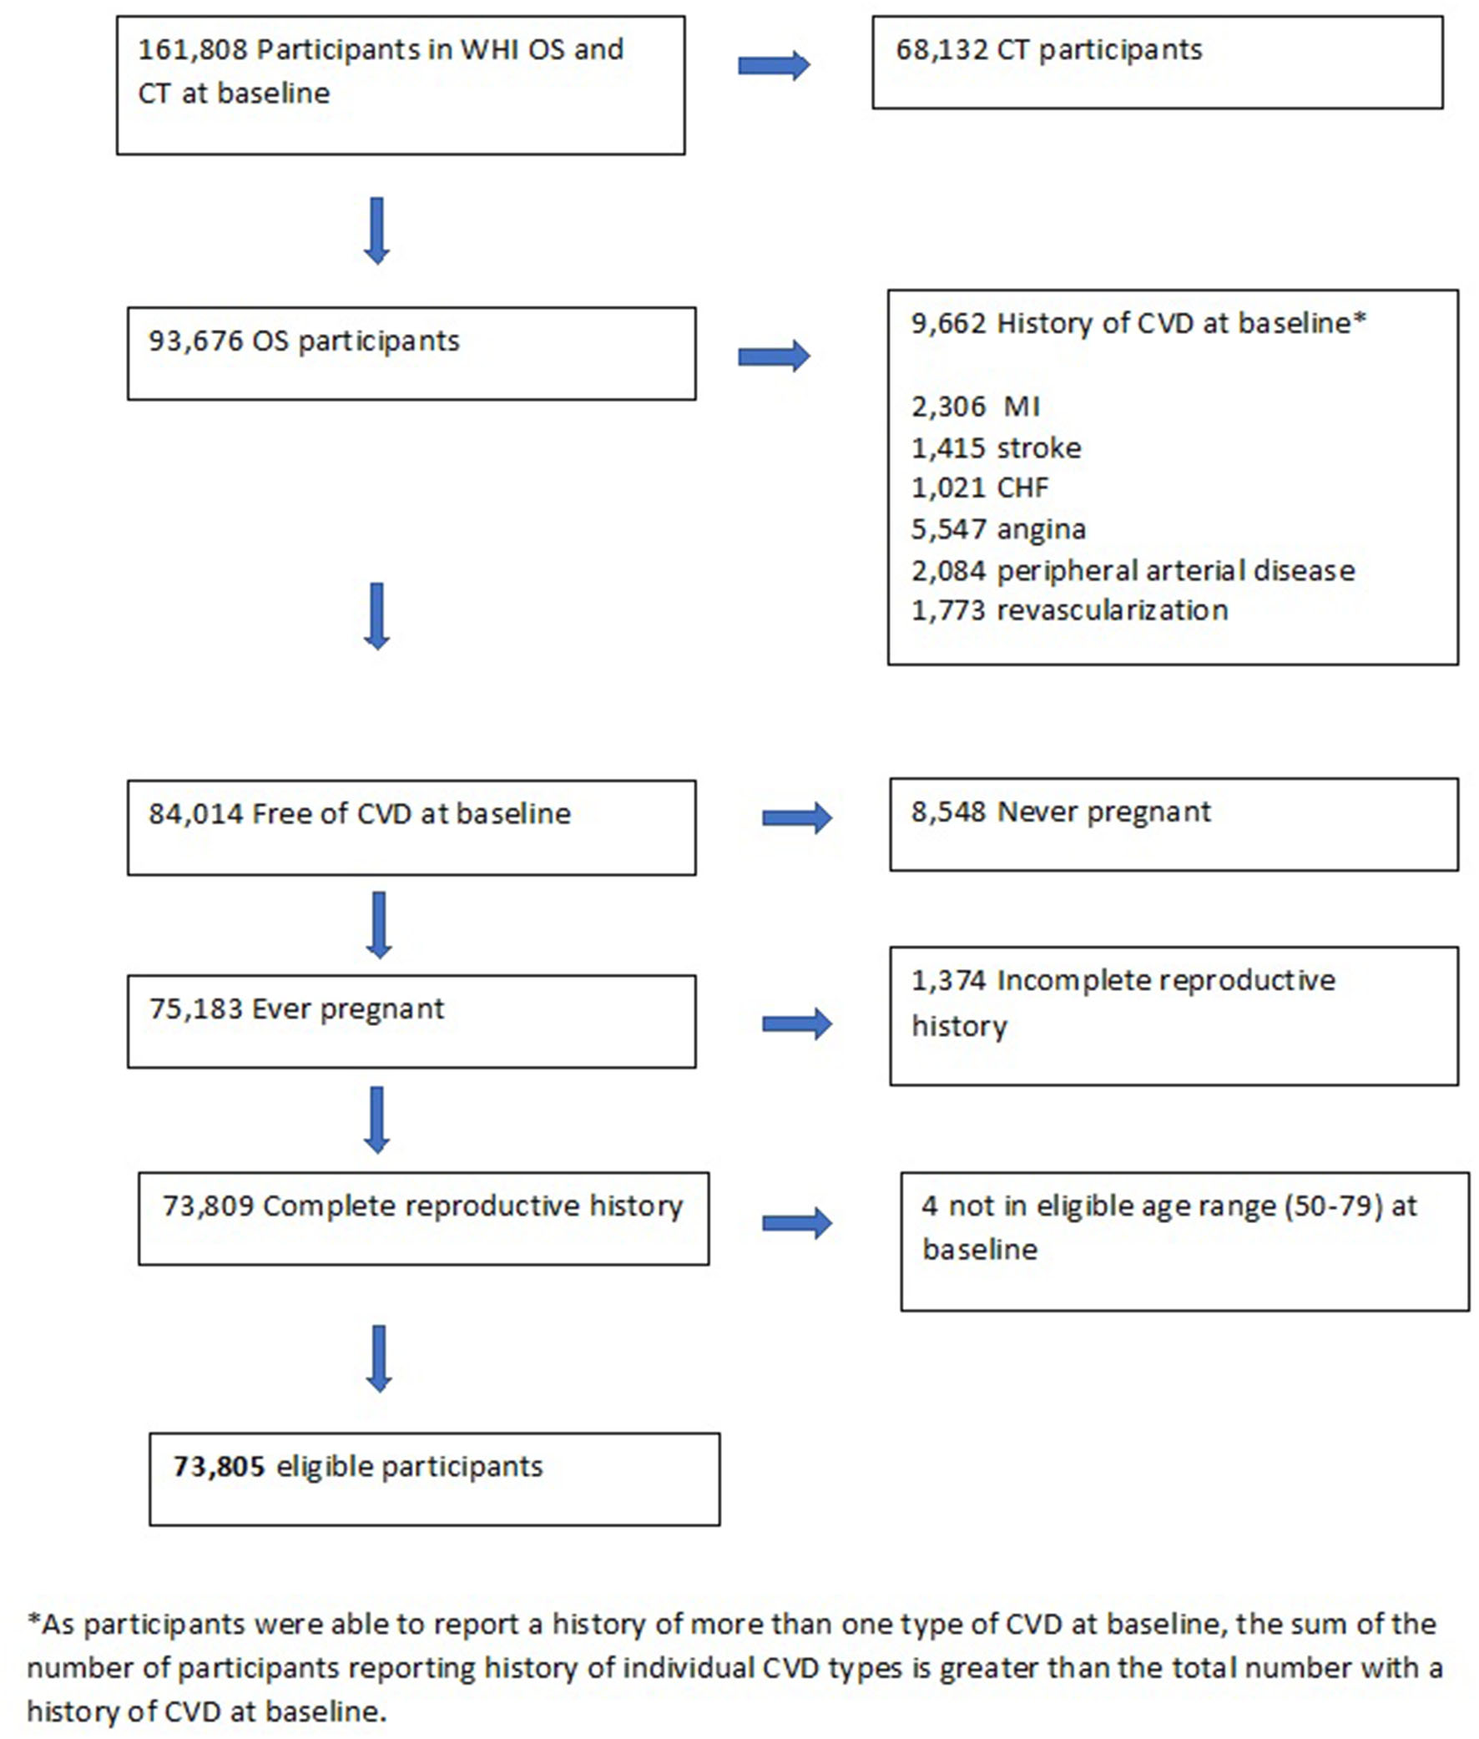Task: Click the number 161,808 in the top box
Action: point(192,50)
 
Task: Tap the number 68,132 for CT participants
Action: point(941,50)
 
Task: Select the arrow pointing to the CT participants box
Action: point(773,65)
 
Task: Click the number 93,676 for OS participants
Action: point(194,341)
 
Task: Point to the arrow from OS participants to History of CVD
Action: point(773,356)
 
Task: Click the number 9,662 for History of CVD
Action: point(948,324)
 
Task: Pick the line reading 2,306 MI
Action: point(975,407)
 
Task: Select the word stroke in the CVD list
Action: point(1039,448)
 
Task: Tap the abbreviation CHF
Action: point(1022,488)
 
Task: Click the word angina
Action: point(1041,530)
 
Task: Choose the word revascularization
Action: point(1112,610)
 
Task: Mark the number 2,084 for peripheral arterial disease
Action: point(948,571)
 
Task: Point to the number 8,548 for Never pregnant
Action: point(948,812)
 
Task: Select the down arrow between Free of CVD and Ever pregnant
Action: point(379,925)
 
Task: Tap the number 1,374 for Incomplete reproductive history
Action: point(948,981)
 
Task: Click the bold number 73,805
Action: point(219,1467)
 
